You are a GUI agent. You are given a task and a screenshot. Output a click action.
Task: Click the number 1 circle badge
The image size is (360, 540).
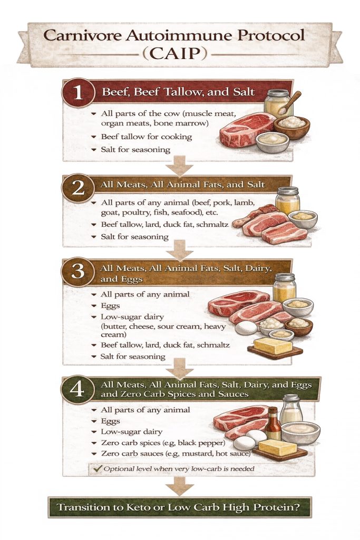coord(78,92)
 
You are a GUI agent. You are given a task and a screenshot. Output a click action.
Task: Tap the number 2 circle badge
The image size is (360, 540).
coord(78,188)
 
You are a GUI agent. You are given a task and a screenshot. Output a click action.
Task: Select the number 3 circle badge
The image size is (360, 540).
coord(78,272)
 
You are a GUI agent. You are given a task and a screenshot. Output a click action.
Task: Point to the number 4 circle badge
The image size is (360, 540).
coord(77,390)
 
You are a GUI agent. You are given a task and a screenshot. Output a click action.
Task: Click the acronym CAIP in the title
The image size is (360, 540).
coord(175,53)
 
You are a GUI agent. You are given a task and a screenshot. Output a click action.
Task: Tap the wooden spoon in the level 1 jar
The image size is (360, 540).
coord(290,103)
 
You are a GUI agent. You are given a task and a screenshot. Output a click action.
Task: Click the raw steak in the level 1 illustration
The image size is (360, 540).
coord(247,130)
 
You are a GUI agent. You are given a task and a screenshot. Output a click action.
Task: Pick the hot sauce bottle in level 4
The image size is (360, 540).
coord(273,423)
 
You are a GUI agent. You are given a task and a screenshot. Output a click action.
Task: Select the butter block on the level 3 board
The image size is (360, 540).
coord(273,345)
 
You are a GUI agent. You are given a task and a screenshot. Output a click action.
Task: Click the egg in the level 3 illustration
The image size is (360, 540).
coord(246,328)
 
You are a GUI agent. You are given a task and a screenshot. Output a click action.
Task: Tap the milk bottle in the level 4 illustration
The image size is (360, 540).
coord(291,409)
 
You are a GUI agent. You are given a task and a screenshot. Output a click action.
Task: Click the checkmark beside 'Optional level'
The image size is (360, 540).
coord(98,468)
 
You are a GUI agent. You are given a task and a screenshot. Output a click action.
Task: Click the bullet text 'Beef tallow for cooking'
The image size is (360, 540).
coord(147,137)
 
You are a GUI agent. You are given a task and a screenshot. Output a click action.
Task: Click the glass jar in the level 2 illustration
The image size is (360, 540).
coord(288,201)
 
